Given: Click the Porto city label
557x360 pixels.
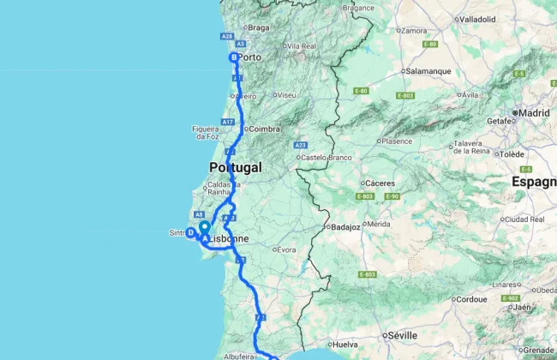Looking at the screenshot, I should point(249,57).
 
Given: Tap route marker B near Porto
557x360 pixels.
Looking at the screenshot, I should point(233,57).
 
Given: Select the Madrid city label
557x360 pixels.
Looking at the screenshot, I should point(534,112).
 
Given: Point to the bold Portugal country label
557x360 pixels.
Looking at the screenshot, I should point(235,167).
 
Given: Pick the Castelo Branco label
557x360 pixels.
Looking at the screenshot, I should point(326,157).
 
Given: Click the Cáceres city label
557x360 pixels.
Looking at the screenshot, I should point(379,183).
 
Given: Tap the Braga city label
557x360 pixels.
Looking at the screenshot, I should point(258,27).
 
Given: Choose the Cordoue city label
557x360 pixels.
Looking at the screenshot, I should point(470,300).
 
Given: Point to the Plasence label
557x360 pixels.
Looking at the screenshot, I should point(398,141).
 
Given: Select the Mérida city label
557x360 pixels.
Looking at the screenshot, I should point(378,224).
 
